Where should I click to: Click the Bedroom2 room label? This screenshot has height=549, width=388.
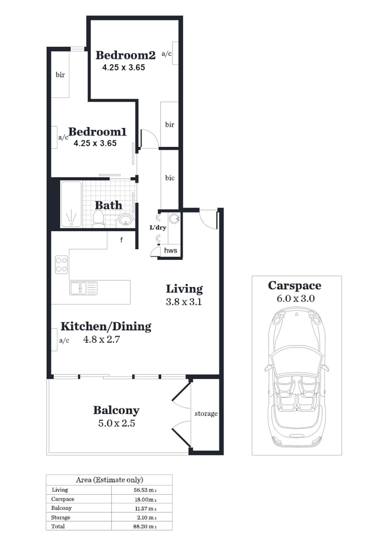(x=125, y=55)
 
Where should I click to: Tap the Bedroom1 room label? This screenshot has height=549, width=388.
(x=97, y=132)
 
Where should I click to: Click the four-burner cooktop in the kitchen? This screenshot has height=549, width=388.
(x=62, y=264)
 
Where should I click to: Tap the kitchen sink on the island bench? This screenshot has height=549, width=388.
(x=83, y=289)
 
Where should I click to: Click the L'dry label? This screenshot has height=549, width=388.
(x=158, y=228)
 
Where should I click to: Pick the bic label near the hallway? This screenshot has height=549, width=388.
(x=169, y=178)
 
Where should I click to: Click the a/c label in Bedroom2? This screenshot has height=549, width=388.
(x=166, y=53)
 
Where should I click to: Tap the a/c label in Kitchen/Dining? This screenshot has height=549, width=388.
(x=64, y=341)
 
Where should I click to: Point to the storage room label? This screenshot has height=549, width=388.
(x=206, y=414)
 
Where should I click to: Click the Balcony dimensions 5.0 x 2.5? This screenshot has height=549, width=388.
(x=116, y=423)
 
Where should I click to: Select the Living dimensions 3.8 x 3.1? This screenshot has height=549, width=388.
(x=184, y=301)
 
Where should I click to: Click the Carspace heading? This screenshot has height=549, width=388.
(x=294, y=286)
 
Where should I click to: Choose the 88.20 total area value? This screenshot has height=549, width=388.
(x=144, y=527)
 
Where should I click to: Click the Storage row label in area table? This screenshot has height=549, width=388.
(x=61, y=517)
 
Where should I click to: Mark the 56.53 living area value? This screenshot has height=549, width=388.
(x=144, y=490)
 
